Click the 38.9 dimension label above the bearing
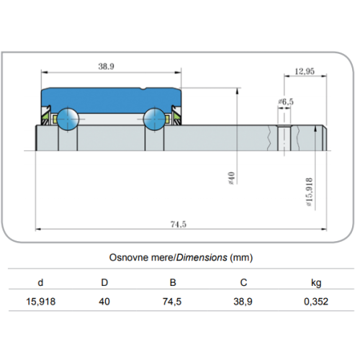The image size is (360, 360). [x=107, y=66]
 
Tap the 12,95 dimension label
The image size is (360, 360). [x=305, y=71]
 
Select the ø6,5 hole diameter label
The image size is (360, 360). [x=286, y=102]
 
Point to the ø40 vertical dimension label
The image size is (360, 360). [x=231, y=178]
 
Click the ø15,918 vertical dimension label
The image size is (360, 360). [x=310, y=192]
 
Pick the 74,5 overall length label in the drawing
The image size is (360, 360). [x=179, y=224]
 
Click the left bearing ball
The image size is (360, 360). [x=68, y=119]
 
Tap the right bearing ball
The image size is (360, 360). [x=155, y=119]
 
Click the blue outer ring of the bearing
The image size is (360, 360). [x=111, y=99]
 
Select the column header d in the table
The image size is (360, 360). [x=40, y=282]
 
